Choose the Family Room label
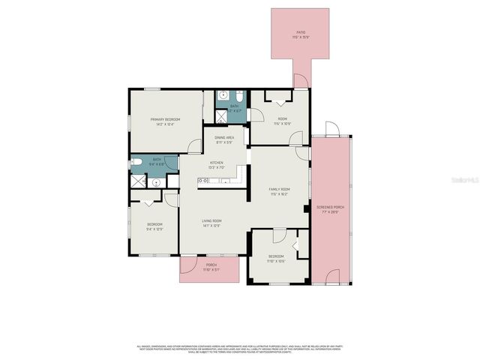pos(279,190)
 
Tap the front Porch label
pos(211,265)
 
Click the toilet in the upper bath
pos(236,97)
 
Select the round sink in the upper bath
pos(222,97)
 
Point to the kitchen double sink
pos(203,180)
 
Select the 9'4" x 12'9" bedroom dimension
pos(154,229)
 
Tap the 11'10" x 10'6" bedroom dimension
pos(277,261)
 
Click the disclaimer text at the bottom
pos(240,349)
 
